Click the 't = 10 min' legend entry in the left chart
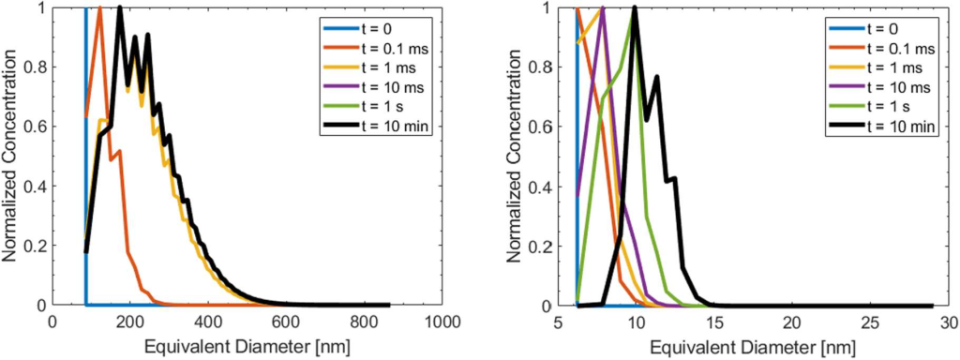tap(374, 126)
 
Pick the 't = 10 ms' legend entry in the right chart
tap(879, 87)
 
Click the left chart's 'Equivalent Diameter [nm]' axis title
tap(247, 347)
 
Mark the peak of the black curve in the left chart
tap(120, 7)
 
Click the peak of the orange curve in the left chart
tap(99, 7)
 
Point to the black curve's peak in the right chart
tap(635, 7)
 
